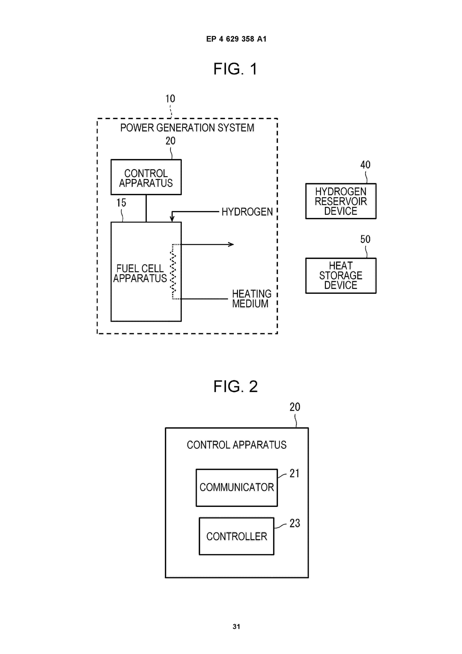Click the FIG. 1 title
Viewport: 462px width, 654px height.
(235, 69)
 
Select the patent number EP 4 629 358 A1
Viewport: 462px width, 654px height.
(236, 39)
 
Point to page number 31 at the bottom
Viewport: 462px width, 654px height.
(236, 626)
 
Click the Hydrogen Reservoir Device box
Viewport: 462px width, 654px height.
(341, 201)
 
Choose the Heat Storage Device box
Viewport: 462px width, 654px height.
(341, 275)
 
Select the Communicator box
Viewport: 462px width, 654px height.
(237, 487)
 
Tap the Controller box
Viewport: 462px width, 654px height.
(237, 536)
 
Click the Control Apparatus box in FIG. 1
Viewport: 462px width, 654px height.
(146, 177)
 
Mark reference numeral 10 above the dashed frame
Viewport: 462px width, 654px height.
(170, 99)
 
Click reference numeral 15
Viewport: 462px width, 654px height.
(121, 203)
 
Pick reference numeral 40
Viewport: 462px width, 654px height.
(365, 165)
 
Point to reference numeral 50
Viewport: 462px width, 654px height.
(365, 239)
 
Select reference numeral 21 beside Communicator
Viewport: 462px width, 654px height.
(294, 473)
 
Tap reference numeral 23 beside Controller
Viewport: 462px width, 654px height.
(295, 523)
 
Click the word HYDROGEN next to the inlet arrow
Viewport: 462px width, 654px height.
(247, 212)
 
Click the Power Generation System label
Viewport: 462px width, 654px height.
(187, 128)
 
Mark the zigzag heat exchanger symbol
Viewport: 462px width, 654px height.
(173, 271)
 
